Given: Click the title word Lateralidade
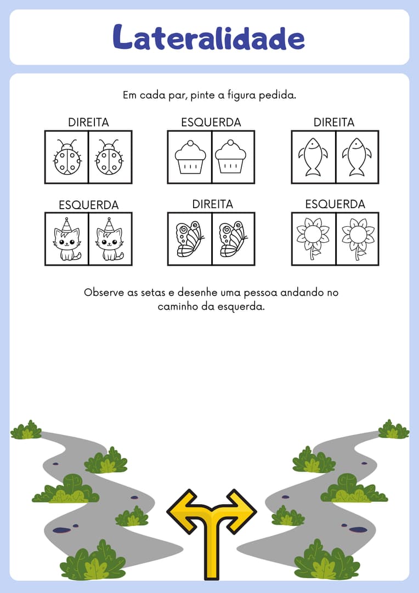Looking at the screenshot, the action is tap(208, 37).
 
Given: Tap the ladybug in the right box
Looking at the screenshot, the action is tap(110, 157).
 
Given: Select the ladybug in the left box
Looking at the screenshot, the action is tap(67, 157).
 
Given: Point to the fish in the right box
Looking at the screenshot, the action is tap(356, 157).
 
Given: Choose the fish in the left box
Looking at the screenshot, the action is tap(313, 157).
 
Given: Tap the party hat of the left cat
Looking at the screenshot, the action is tap(67, 225).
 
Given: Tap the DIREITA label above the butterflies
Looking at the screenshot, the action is tap(213, 204).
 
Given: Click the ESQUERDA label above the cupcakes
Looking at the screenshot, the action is tap(211, 122).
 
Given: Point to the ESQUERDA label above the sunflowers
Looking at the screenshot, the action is tap(335, 204).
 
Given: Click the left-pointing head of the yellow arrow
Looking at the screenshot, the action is tap(180, 511).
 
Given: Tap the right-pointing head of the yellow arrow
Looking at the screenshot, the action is tap(242, 511).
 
